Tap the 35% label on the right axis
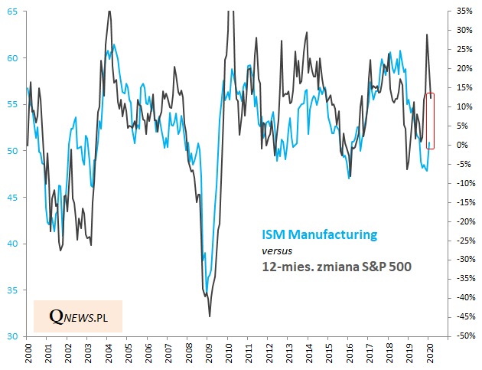tap(464, 11)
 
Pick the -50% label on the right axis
tap(464, 336)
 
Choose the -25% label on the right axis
tap(464, 241)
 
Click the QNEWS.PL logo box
tap(78, 316)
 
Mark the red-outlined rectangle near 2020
tap(430, 121)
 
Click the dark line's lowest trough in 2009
tap(210, 316)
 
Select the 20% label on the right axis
tap(464, 68)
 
